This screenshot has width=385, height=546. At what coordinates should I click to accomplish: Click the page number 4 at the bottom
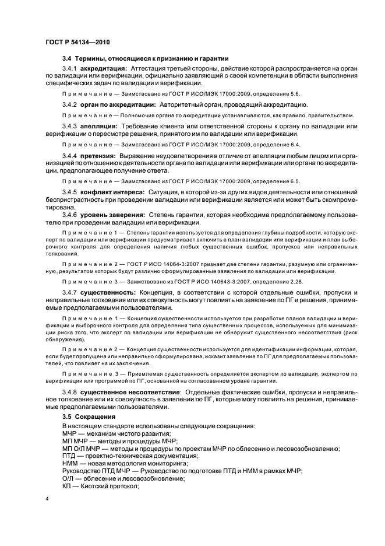tap(47, 499)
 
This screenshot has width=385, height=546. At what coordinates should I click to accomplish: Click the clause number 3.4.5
tap(69, 192)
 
